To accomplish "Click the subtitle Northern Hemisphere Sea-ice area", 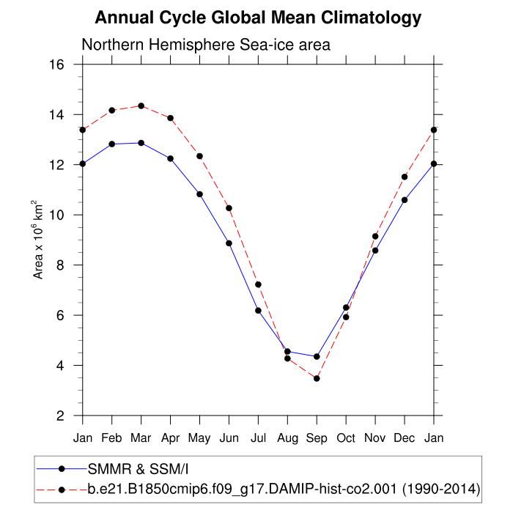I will coord(206,45).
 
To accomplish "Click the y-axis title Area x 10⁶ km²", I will coord(39,240).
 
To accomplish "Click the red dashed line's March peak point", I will coord(141,106).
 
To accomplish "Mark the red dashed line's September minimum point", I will coord(317,378).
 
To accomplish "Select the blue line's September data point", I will coord(317,356).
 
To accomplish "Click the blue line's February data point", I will coord(111,144).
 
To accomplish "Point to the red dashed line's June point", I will coord(229,208).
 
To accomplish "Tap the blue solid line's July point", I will coord(258,311).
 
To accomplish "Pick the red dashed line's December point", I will coord(405,177).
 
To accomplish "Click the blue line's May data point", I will coord(199,194).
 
